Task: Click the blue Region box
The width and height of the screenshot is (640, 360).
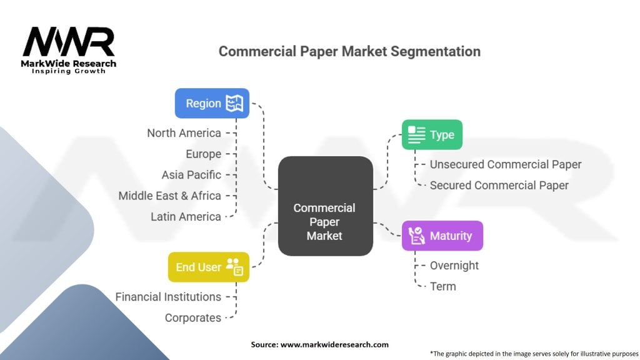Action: tap(212, 103)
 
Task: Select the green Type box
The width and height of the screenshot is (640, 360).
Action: tap(431, 134)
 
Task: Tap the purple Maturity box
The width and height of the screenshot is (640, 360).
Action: tap(442, 236)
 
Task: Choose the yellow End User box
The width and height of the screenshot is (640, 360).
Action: tap(208, 267)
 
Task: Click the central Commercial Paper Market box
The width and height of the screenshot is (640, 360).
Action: tap(324, 221)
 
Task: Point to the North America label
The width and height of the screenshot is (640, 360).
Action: tap(184, 133)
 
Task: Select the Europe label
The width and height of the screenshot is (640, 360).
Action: tap(203, 154)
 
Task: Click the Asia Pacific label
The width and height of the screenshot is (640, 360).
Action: tap(191, 175)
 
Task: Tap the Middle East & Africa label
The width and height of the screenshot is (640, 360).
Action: tap(170, 196)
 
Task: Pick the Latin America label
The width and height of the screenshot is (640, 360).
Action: tap(186, 217)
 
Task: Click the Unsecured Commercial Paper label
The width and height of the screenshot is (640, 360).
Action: tap(506, 164)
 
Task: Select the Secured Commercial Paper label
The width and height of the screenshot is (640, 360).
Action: tap(499, 185)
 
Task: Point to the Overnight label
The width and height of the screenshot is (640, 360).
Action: tap(454, 265)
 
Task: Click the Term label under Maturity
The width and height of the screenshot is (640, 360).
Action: tap(443, 286)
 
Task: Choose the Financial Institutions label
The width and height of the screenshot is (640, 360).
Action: tap(168, 297)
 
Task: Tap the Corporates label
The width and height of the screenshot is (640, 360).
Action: tap(193, 317)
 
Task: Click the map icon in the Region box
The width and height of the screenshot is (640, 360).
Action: tap(234, 103)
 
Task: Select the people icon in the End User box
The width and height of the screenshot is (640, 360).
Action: tap(234, 267)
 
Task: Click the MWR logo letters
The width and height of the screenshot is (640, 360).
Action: tap(69, 42)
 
